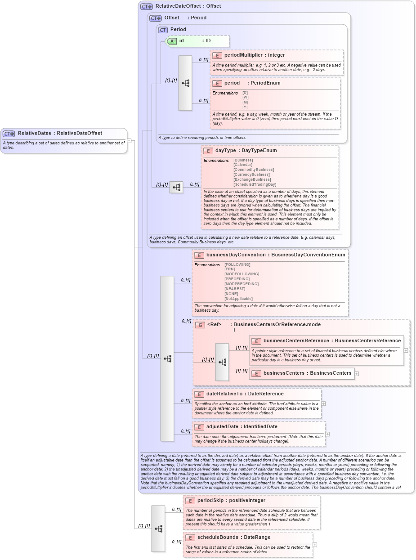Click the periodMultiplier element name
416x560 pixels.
pos(243,55)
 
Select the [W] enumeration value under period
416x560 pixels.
pos(245,97)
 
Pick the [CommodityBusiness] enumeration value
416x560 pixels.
pos(253,170)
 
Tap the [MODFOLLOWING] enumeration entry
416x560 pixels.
pos(242,274)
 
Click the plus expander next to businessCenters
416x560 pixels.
pos(357,373)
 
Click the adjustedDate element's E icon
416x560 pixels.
pos(199,427)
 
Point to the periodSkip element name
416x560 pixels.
pos(210,500)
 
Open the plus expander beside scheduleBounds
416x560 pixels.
pos(315,545)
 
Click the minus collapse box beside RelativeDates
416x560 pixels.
pos(129,140)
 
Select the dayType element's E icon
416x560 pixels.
pos(208,151)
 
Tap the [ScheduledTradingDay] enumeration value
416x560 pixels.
pos(255,184)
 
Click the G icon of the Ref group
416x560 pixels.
pos(200,325)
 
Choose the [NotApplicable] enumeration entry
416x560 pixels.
pos(238,299)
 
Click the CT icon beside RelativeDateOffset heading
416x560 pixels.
pos(147,6)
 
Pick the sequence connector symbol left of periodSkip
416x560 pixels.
pos(158,529)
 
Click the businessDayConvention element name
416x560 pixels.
pos(236,255)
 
